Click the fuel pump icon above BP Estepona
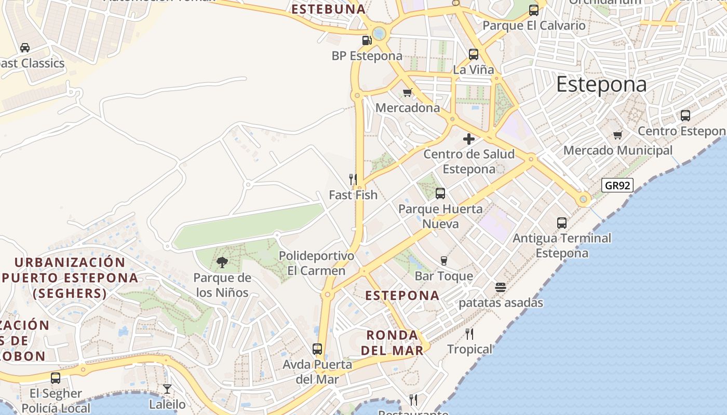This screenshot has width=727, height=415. click(x=367, y=40)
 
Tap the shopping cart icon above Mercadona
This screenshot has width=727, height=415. click(x=408, y=93)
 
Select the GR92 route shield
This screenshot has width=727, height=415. click(x=617, y=185)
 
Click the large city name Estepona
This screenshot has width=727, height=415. click(x=601, y=85)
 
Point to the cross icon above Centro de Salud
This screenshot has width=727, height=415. click(x=469, y=139)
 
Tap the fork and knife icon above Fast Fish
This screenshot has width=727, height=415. click(x=353, y=179)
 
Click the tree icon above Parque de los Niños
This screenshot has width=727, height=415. click(x=222, y=262)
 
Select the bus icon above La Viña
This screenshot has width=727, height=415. click(x=474, y=54)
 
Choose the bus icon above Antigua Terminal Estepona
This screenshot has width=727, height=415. click(x=562, y=223)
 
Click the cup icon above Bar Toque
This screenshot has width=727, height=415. click(x=443, y=260)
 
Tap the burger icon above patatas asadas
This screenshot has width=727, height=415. click(x=501, y=287)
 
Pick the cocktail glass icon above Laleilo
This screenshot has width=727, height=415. click(x=167, y=389)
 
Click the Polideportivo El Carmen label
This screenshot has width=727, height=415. click(x=316, y=263)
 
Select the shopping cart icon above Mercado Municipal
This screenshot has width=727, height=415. click(x=617, y=135)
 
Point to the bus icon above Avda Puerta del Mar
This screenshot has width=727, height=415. click(x=317, y=349)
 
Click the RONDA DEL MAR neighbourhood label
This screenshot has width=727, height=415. click(x=392, y=342)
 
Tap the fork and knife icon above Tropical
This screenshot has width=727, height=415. click(x=469, y=334)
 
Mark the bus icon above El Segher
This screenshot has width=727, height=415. click(x=56, y=378)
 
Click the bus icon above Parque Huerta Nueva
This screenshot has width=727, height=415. click(x=440, y=193)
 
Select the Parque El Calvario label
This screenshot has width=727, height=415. click(x=534, y=25)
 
